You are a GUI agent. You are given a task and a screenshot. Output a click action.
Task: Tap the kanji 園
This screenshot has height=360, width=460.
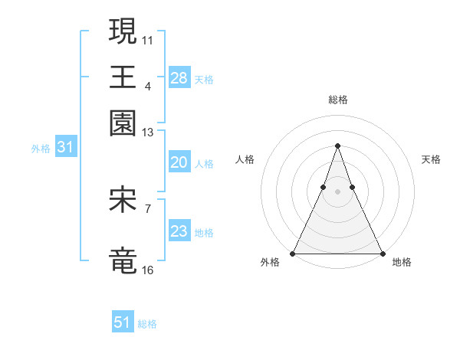pos(123,122)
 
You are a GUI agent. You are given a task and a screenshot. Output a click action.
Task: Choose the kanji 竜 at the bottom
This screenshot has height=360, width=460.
pos(123,260)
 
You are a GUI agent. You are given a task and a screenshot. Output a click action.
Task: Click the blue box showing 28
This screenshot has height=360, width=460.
pos(179,78)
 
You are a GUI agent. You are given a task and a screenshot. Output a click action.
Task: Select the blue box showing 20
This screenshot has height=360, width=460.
pos(179,162)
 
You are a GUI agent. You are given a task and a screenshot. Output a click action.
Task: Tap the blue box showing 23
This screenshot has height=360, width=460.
pos(179,231)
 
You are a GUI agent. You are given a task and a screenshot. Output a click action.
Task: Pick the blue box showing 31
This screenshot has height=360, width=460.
pos(65,148)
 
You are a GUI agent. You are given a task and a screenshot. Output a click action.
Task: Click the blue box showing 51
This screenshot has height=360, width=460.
pos(123,322)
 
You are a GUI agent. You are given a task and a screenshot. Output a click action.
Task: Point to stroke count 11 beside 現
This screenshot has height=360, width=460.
pos(149,39)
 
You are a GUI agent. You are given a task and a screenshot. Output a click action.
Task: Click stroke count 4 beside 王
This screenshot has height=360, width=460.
pos(148,85)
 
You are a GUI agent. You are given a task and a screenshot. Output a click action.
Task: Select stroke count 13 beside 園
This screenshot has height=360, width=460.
pos(149,133)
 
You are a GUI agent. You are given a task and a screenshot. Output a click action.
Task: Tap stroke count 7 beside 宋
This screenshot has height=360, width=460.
pos(148,208)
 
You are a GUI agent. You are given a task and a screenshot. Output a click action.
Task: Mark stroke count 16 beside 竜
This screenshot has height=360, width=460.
pos(149,270)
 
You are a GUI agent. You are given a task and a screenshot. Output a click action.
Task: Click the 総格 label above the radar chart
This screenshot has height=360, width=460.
pos(337,100)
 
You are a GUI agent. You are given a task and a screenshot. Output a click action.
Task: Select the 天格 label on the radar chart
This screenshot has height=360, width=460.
pos(432,159)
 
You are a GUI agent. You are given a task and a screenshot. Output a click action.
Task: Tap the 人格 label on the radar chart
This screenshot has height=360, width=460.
pos(245,159)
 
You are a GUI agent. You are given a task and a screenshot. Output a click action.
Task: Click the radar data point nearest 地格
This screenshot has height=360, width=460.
pos(382,253)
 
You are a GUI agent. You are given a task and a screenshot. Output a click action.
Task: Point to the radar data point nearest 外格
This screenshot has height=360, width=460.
pos(293,253)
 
